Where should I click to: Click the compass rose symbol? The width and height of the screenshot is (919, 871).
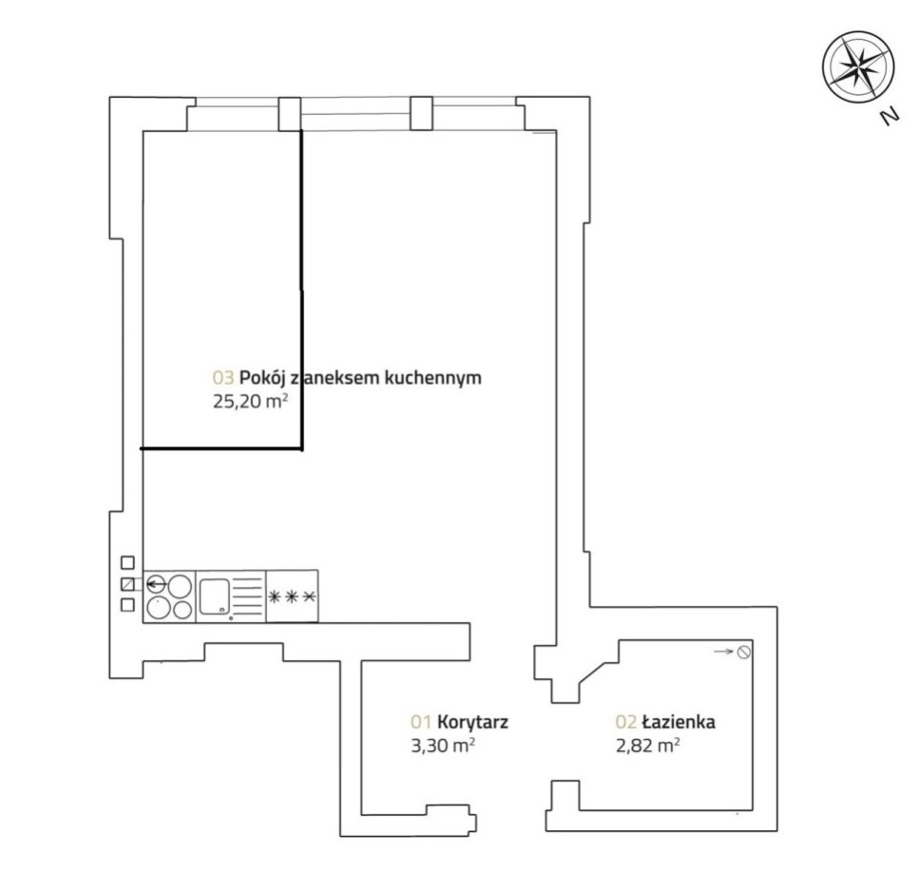[x=858, y=66]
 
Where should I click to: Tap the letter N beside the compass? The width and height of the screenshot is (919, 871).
[x=890, y=117]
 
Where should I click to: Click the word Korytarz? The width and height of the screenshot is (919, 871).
[x=472, y=722]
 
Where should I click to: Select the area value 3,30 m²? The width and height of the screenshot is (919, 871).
[x=443, y=746]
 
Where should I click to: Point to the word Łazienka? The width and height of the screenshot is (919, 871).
[x=679, y=721]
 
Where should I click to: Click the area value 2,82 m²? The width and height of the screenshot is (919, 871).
[x=647, y=746]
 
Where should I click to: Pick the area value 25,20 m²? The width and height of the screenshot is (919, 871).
[x=250, y=403]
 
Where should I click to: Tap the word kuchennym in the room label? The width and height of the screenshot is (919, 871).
[x=432, y=378]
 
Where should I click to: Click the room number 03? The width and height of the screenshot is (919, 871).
[x=223, y=377]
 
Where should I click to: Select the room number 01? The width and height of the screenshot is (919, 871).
[x=421, y=722]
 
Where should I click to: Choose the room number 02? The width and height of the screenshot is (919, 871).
[x=626, y=722]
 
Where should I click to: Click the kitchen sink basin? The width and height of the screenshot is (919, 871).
[x=214, y=596]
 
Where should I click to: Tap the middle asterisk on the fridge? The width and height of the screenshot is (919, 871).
[x=293, y=596]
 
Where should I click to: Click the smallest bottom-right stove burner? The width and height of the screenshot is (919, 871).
[x=182, y=610]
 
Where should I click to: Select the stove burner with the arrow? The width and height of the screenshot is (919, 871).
[x=157, y=584]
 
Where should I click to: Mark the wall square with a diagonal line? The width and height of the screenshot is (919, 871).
[x=127, y=584]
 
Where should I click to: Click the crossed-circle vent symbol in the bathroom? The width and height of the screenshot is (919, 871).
[x=744, y=652]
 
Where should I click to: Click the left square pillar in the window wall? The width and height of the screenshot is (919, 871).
[x=290, y=114]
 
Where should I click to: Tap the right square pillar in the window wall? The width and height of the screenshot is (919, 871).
[x=421, y=113]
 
